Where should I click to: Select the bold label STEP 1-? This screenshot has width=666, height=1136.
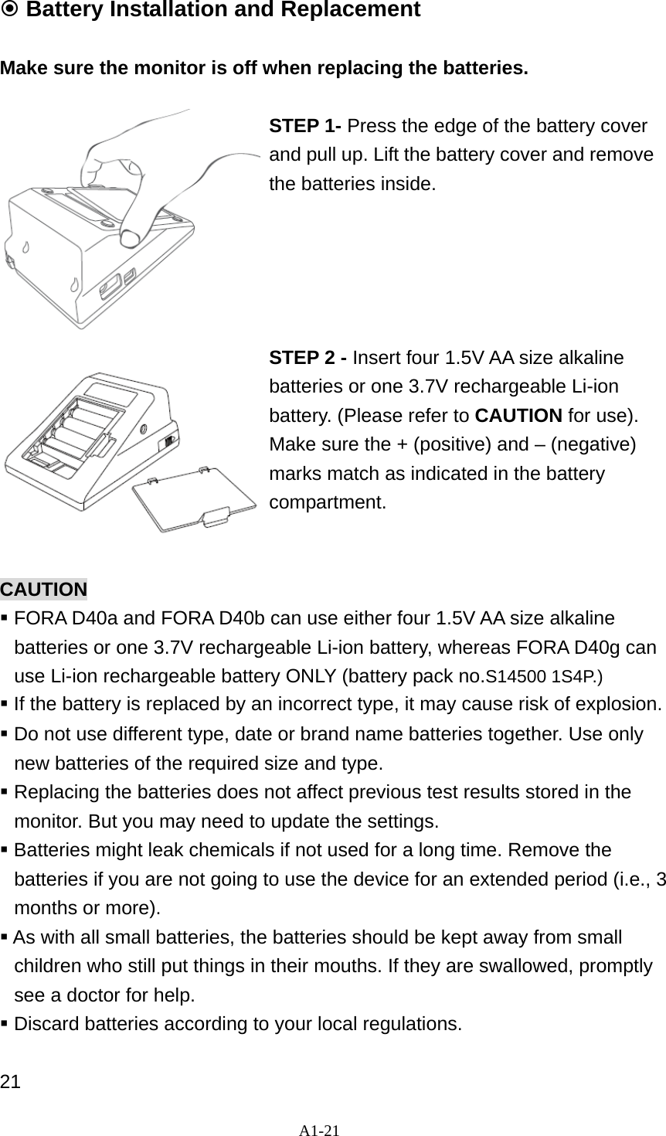tap(306, 126)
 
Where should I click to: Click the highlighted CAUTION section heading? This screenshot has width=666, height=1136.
tap(43, 590)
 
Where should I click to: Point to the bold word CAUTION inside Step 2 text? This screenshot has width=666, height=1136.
tap(518, 416)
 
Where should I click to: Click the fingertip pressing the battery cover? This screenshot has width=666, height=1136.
tap(131, 230)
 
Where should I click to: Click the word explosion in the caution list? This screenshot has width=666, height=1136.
tap(617, 705)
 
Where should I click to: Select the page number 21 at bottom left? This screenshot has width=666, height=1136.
tap(10, 1080)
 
